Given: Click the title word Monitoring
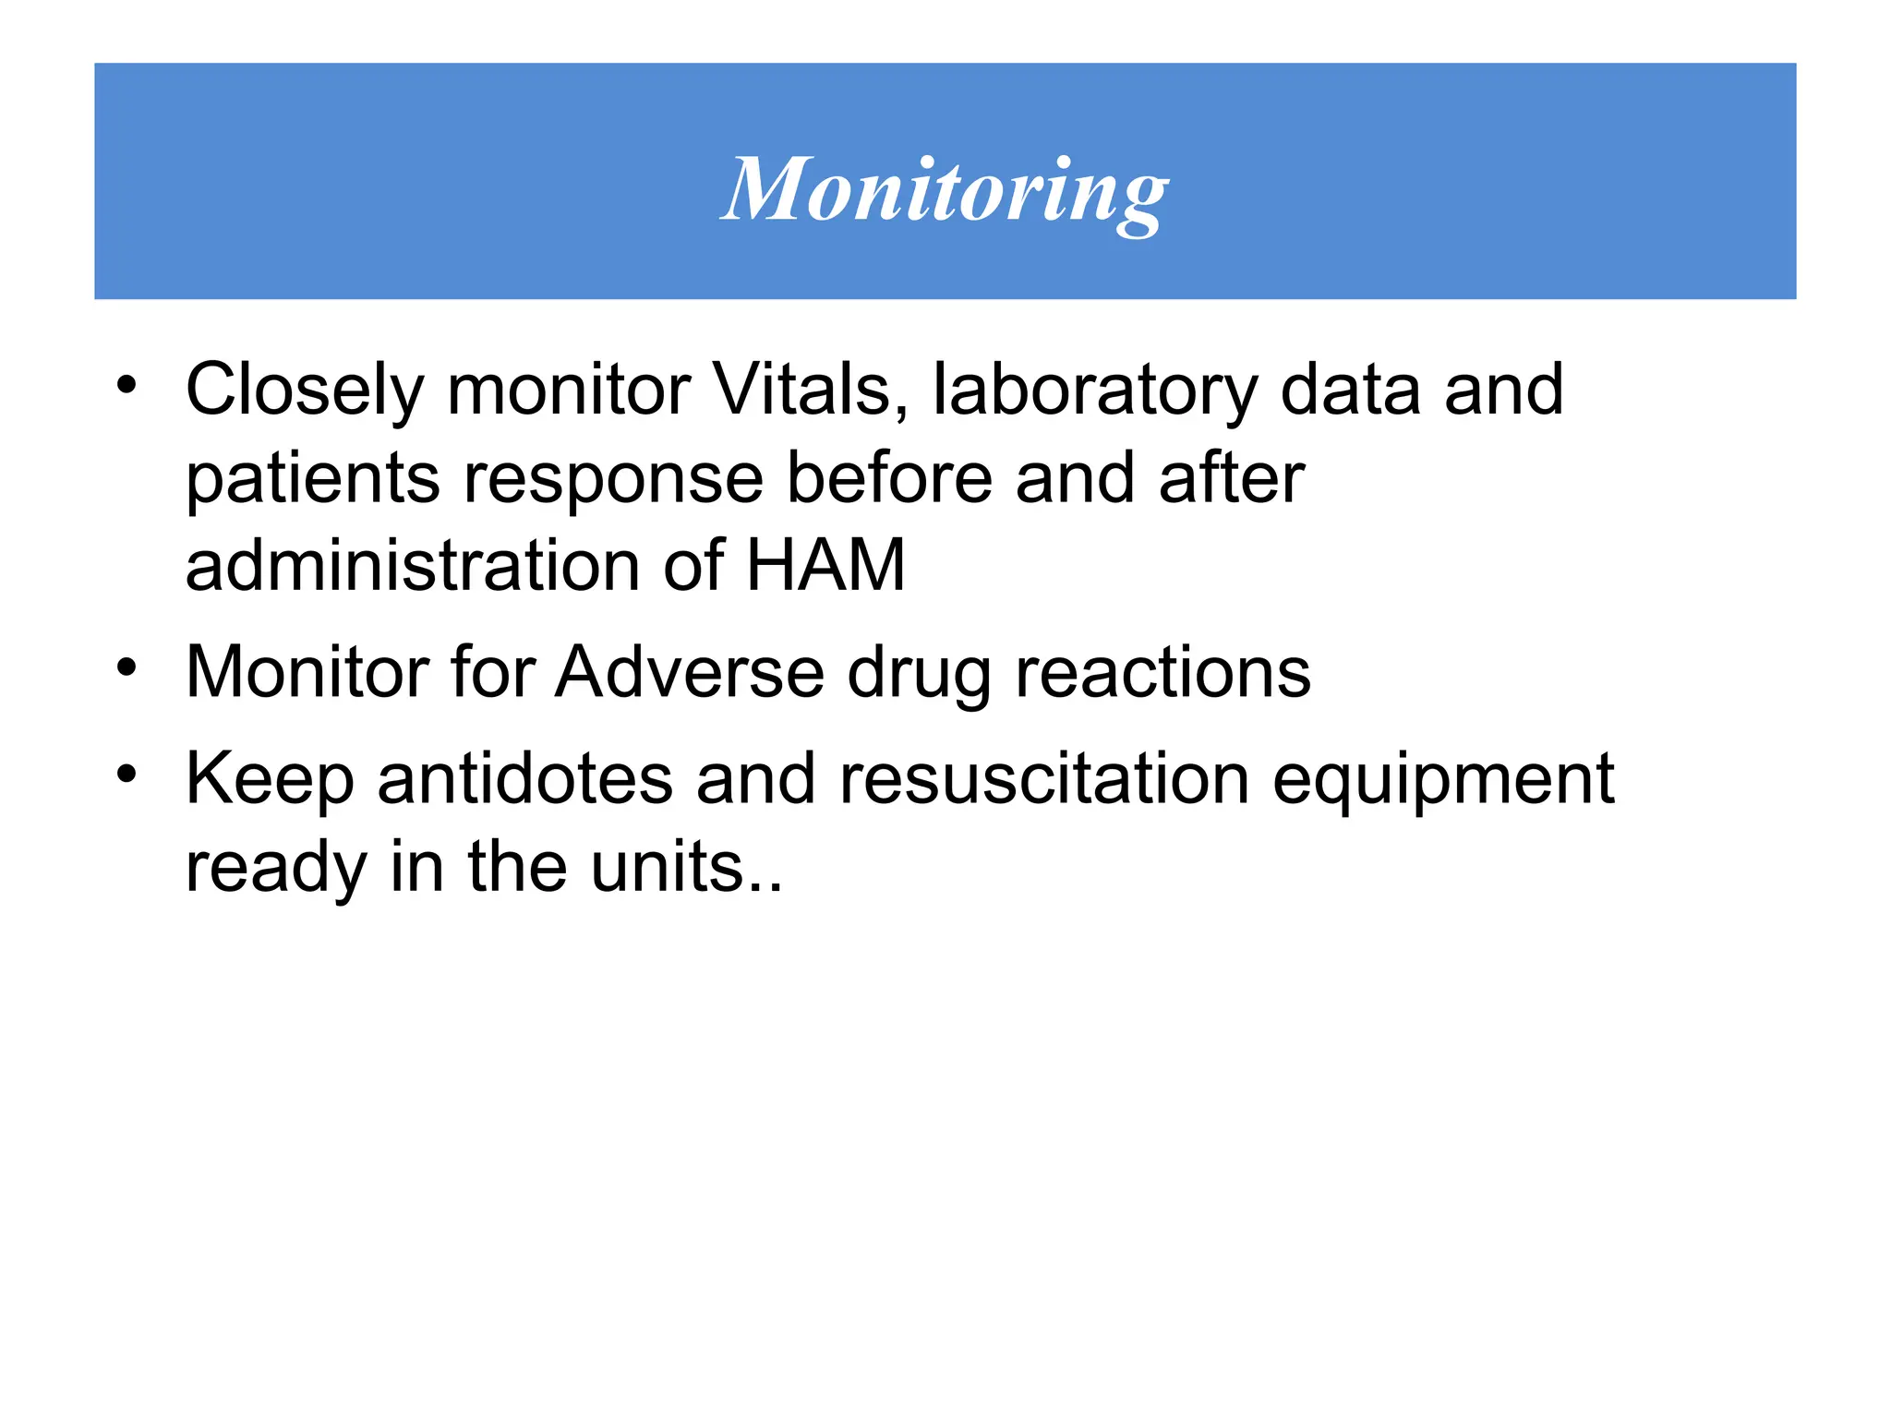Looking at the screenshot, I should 944,191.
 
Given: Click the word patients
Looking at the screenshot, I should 313,480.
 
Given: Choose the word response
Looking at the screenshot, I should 613,480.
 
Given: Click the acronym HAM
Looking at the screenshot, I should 825,565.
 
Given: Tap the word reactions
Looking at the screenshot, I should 1162,672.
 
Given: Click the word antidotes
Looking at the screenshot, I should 524,778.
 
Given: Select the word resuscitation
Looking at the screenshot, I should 1043,778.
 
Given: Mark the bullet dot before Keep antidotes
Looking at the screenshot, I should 127,774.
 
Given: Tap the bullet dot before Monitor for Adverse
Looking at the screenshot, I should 127,667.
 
